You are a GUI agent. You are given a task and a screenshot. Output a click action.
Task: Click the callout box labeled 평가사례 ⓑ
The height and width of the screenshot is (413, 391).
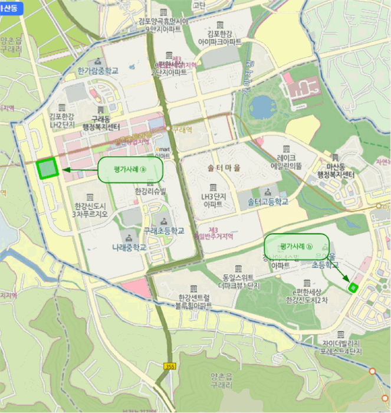pos(296,245)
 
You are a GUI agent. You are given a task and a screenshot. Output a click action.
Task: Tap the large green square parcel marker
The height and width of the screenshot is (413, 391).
pos(47,169)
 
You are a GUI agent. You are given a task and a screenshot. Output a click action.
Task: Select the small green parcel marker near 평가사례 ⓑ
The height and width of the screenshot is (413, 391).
pos(353,287)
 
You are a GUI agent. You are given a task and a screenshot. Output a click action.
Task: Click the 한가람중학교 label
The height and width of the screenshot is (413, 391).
pos(98,71)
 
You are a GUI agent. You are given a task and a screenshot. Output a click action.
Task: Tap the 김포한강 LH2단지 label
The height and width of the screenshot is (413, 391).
pos(61,120)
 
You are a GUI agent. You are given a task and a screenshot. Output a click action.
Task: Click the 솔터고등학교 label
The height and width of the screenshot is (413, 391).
pos(268,202)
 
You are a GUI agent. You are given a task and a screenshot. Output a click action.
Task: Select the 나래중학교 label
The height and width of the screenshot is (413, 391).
pos(129,248)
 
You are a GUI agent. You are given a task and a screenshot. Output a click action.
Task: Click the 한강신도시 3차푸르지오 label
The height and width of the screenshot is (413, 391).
pos(90,210)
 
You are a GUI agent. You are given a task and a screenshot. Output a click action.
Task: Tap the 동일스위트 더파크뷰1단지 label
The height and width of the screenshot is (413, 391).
pos(238,280)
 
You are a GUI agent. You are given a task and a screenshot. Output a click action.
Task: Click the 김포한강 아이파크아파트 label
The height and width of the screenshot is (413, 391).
pos(220,38)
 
